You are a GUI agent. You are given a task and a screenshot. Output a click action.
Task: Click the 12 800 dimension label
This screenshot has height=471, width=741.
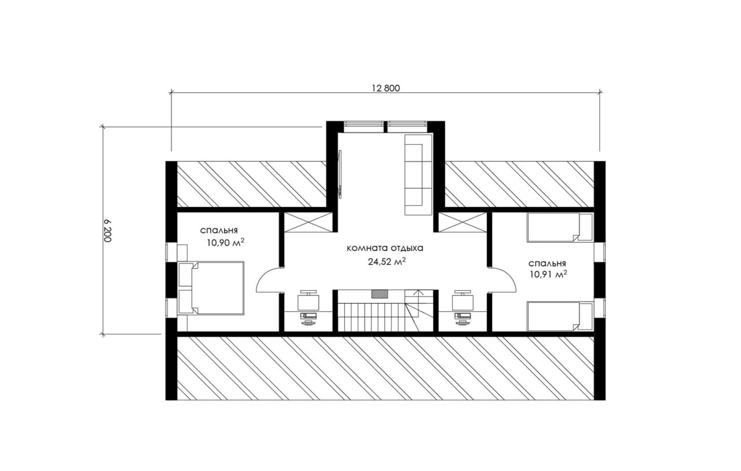click(x=386, y=88)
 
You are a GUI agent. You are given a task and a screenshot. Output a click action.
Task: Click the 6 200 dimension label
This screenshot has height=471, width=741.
click(x=107, y=231)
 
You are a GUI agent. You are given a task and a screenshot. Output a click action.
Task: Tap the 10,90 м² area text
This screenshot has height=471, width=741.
click(x=226, y=243)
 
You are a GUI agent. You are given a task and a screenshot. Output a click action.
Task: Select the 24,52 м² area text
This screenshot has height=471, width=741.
click(x=387, y=262)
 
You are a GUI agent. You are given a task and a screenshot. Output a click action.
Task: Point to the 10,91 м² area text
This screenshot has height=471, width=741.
click(x=548, y=275)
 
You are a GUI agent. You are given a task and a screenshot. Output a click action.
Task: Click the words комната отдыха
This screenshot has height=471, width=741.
click(x=385, y=248)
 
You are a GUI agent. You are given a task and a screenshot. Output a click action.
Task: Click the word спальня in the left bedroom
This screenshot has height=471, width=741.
click(x=219, y=231)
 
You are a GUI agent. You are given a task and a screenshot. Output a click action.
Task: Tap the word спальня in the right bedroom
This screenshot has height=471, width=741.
click(x=547, y=264)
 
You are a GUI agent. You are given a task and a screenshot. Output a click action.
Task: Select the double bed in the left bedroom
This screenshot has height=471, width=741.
click(x=211, y=288)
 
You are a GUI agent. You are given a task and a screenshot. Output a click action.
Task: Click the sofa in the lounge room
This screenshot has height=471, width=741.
click(x=419, y=174)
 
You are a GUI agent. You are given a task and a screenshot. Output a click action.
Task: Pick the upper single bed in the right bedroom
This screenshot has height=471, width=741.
click(x=560, y=228)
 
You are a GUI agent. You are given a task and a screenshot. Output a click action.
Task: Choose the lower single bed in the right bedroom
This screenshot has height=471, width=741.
click(x=560, y=316)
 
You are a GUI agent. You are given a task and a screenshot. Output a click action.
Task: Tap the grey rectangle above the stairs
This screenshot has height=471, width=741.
click(x=379, y=294)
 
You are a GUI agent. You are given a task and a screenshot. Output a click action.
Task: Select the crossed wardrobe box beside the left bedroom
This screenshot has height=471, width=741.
click(x=308, y=222)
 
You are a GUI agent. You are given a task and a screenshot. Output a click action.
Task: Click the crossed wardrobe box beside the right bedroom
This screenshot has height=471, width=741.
click(x=463, y=222)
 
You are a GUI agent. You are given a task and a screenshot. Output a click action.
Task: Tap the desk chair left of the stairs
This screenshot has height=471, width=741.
click(x=309, y=301)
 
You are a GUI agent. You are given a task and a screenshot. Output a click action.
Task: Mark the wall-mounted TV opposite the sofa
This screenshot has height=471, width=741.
click(x=340, y=173)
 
